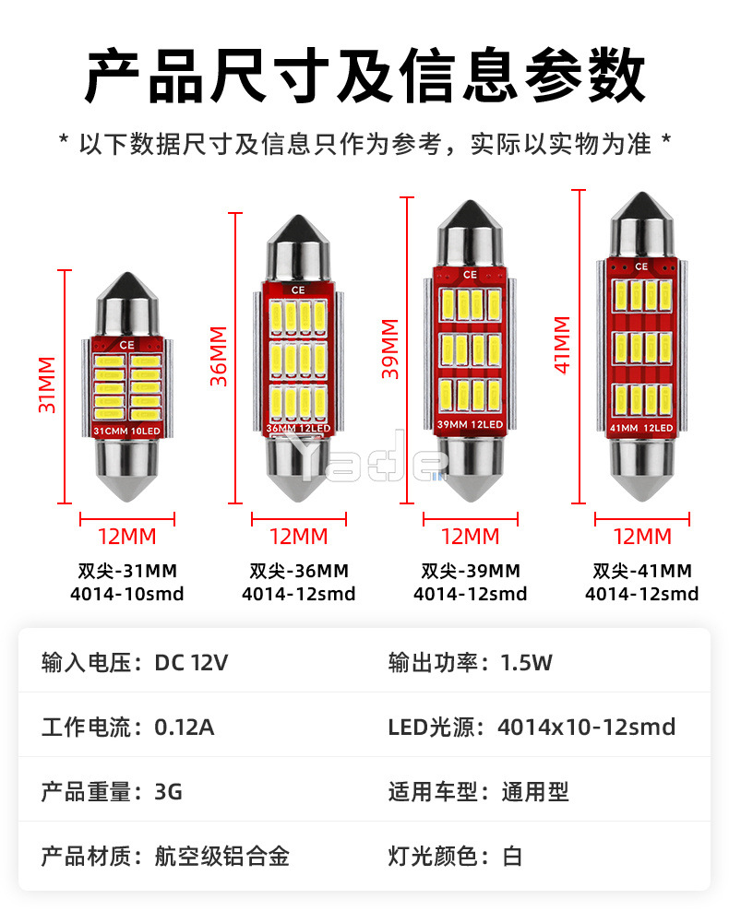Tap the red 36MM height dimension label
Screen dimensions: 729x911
point(218,355)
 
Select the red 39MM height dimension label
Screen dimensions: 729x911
point(389,349)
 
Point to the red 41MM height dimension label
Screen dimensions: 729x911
point(562,343)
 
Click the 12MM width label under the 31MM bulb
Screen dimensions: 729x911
point(127,536)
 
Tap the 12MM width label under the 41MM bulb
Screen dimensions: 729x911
point(642,536)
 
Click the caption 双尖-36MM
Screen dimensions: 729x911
point(298,572)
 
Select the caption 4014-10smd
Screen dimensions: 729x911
point(127,594)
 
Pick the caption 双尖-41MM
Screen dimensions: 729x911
point(642,572)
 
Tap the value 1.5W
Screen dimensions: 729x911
point(526,662)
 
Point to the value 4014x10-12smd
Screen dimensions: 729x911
point(586,727)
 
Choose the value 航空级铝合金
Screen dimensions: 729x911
point(222,856)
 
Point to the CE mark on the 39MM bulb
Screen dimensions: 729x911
point(470,274)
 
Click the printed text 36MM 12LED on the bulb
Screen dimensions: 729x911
point(298,429)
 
